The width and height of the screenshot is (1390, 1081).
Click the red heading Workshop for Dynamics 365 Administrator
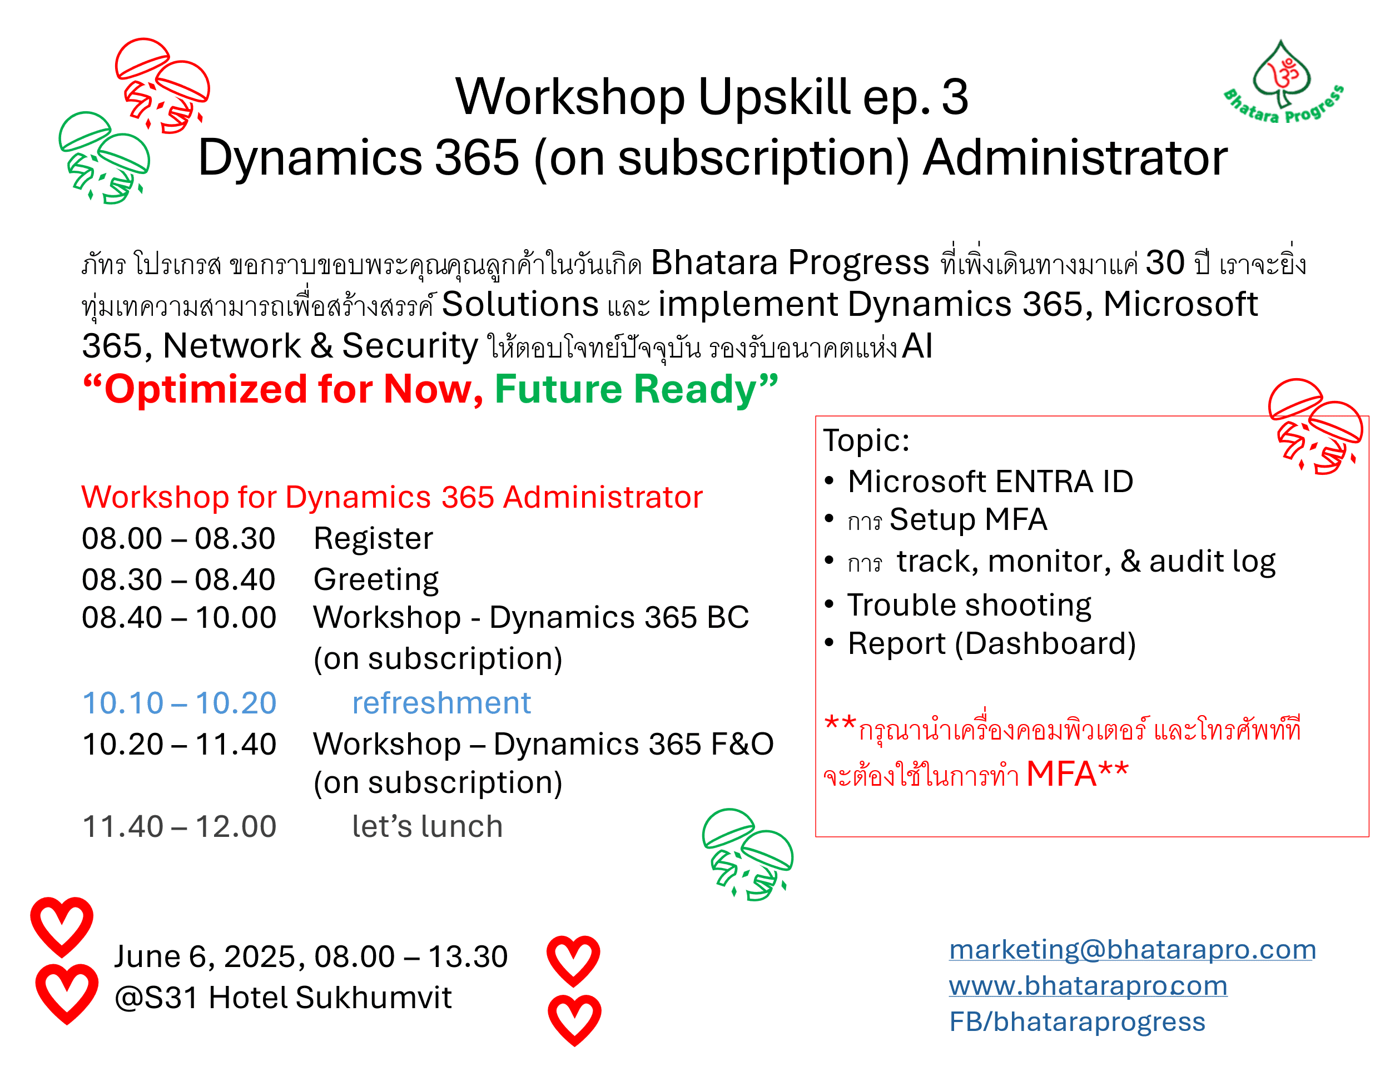[392, 497]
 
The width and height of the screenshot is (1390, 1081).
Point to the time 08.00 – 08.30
[179, 539]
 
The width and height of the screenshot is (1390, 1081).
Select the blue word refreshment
[441, 703]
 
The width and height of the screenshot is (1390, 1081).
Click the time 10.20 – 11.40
[180, 744]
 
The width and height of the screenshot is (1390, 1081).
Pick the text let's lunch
[428, 826]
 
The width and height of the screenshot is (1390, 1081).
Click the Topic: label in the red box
[867, 440]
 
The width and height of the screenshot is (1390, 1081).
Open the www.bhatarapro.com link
[1088, 985]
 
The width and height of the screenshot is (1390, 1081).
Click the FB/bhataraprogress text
[1077, 1022]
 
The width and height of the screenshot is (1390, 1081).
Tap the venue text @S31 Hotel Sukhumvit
[283, 998]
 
